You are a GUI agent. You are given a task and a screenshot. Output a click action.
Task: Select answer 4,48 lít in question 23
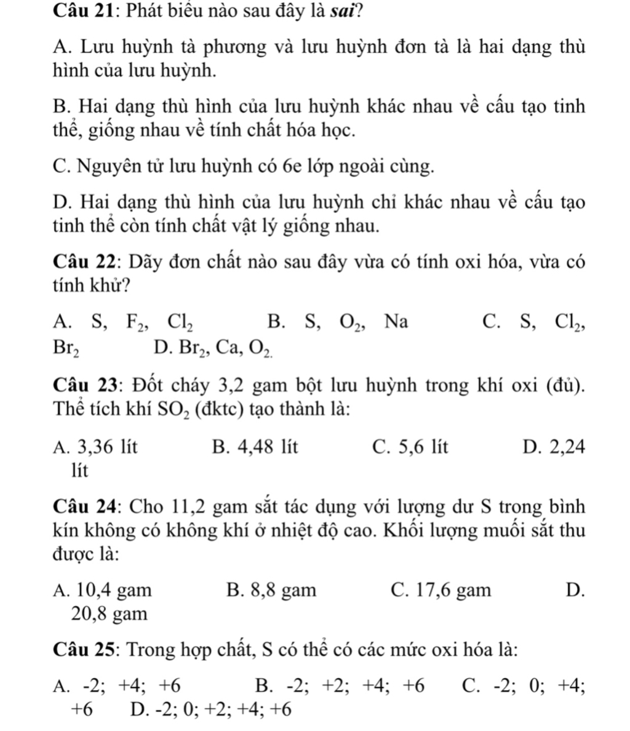coord(253,447)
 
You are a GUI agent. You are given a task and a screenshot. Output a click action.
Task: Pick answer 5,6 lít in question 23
coord(410,447)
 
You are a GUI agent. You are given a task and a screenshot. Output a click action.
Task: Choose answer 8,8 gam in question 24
coord(271,591)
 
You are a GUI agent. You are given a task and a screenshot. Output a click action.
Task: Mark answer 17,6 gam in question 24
coord(441,591)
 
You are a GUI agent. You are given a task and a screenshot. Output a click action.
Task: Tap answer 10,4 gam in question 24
coord(102,591)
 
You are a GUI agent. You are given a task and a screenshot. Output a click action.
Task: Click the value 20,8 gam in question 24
coord(110,613)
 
